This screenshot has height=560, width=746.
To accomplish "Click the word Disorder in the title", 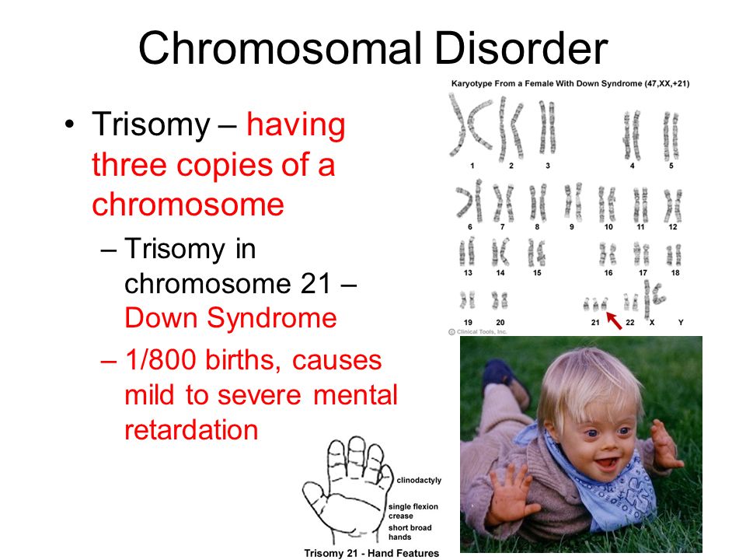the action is (521, 48).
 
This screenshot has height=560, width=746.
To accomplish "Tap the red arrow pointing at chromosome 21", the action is (614, 320).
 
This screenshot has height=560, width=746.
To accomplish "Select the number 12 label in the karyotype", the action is (673, 227).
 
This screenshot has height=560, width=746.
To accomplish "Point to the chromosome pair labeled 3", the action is (547, 127).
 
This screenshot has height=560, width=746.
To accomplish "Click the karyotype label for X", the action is (652, 322).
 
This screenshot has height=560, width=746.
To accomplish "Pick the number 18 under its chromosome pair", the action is (675, 273).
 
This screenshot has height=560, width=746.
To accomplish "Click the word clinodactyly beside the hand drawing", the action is (419, 481).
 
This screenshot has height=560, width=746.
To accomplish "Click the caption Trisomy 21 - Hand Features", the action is (371, 553).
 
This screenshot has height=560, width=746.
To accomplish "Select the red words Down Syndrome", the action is (231, 317).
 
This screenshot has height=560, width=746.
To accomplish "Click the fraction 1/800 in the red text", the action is (162, 359).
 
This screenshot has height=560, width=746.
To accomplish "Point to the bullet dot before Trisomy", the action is (69, 124).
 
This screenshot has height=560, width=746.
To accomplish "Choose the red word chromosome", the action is (188, 205).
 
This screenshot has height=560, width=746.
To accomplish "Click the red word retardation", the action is (191, 429).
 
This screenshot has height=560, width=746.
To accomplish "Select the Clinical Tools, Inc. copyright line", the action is (478, 332).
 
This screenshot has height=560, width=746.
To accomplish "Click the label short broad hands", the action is (410, 532).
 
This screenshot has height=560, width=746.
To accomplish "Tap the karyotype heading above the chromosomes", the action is (570, 84).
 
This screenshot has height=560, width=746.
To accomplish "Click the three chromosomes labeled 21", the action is (596, 304).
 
